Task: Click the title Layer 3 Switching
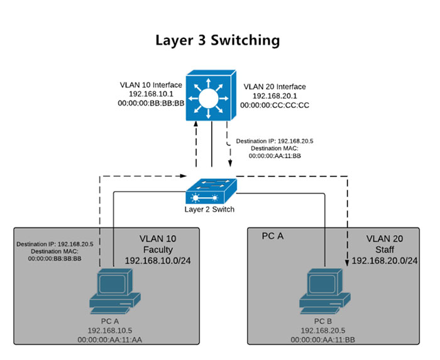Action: pyautogui.click(x=217, y=41)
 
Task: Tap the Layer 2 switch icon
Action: pyautogui.click(x=211, y=188)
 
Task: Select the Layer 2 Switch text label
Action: pyautogui.click(x=209, y=209)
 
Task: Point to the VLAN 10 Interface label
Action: pyautogui.click(x=151, y=85)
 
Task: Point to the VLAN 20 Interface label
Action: pyautogui.click(x=275, y=87)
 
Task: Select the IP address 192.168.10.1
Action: pyautogui.click(x=151, y=94)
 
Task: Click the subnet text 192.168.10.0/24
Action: pyautogui.click(x=157, y=261)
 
